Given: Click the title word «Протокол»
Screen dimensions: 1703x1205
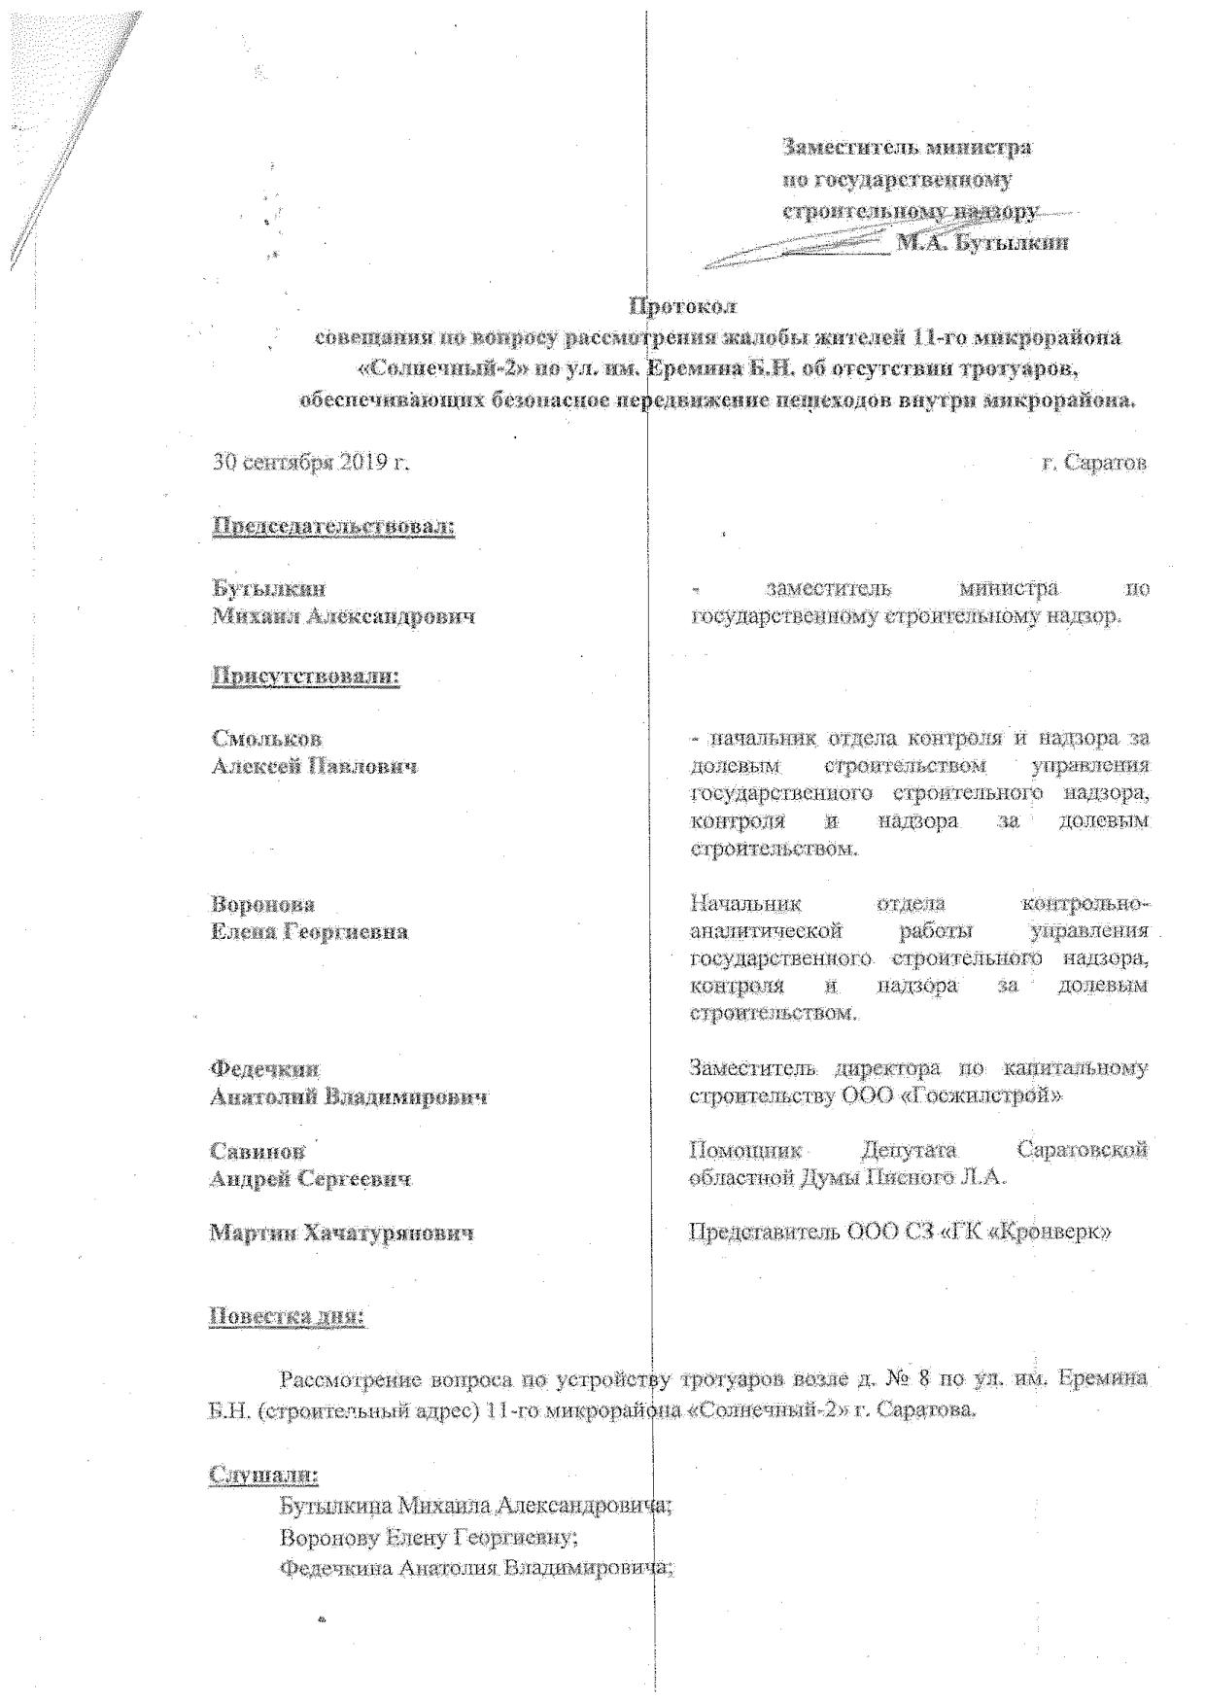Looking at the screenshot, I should [x=683, y=306].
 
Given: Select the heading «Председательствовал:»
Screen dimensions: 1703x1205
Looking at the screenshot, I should [x=333, y=527].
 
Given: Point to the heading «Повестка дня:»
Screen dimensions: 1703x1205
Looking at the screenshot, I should [x=288, y=1318].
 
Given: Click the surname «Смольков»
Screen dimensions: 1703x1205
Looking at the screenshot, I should [x=267, y=740].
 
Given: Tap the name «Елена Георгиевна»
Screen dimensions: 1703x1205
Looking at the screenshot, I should [x=310, y=932].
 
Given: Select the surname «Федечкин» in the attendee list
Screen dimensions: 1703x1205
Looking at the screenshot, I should [x=265, y=1069].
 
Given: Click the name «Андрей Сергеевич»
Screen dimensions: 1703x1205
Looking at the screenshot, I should [x=311, y=1179].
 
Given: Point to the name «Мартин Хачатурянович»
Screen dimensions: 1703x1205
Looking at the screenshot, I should [x=342, y=1234].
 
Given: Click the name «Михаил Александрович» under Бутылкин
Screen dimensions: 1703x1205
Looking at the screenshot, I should [x=344, y=616].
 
